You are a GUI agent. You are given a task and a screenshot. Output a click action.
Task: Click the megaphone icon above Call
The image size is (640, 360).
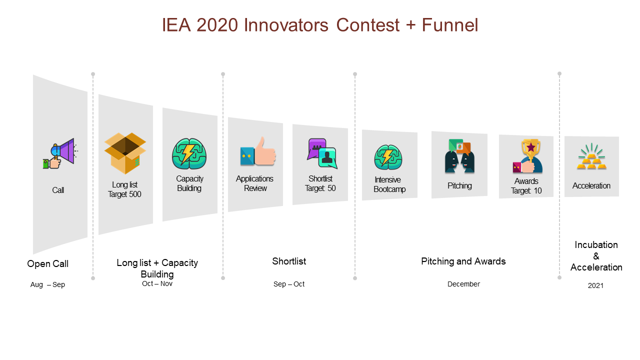click(60, 153)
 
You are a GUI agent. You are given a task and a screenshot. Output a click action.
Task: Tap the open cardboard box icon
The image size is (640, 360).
click(125, 153)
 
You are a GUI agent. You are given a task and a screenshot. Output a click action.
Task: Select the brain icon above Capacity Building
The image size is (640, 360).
click(189, 154)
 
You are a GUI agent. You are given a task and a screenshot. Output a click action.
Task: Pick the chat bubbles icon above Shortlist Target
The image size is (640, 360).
click(322, 153)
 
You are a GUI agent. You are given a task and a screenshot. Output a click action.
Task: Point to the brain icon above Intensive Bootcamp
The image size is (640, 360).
click(388, 157)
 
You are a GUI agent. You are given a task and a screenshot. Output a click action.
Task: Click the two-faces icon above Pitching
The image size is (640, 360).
click(459, 156)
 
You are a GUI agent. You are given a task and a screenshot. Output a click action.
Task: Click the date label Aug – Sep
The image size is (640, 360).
click(47, 284)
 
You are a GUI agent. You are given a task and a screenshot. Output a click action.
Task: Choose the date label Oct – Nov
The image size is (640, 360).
click(157, 283)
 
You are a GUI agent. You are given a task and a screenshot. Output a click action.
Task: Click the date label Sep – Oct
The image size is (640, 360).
click(289, 284)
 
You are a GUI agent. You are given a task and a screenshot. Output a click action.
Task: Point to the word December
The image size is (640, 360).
click(463, 284)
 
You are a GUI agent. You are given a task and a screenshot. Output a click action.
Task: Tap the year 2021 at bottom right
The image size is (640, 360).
click(595, 285)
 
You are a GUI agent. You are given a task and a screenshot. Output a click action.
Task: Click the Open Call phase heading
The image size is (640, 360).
click(47, 263)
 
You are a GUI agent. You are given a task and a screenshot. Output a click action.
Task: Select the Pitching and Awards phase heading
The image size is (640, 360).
click(463, 261)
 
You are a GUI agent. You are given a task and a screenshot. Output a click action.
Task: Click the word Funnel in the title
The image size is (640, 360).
click(450, 25)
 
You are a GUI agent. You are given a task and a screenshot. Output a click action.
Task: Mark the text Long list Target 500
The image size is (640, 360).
click(124, 189)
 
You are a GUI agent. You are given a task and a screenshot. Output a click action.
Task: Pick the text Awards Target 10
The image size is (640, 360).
click(526, 186)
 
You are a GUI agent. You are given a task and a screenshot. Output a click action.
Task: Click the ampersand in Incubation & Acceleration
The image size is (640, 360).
click(596, 256)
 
